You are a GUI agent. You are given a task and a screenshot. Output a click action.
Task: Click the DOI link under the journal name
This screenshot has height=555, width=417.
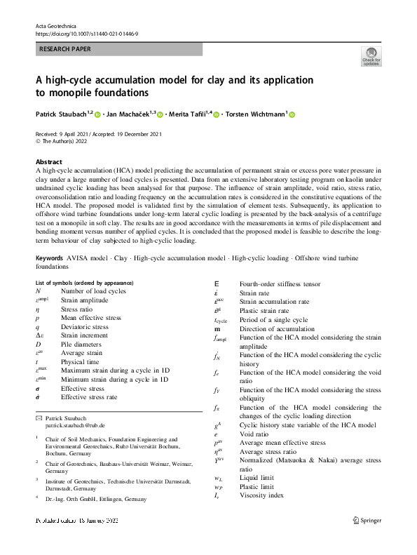point(83,33)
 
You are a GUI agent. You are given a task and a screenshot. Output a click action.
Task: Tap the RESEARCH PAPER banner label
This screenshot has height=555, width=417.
point(65,50)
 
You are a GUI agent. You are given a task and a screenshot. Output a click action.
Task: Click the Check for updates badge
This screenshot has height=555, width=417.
point(371,57)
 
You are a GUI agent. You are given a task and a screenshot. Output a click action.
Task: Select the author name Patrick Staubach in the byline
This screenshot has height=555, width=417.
point(62,114)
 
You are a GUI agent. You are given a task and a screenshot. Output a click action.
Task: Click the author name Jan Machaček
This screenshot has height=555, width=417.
point(132,114)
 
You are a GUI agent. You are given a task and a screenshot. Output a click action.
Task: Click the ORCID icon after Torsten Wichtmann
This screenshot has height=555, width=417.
point(292,114)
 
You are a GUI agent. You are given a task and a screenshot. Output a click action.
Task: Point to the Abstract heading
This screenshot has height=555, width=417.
point(48,161)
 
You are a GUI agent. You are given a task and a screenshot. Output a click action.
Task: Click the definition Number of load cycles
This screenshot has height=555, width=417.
point(93,290)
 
